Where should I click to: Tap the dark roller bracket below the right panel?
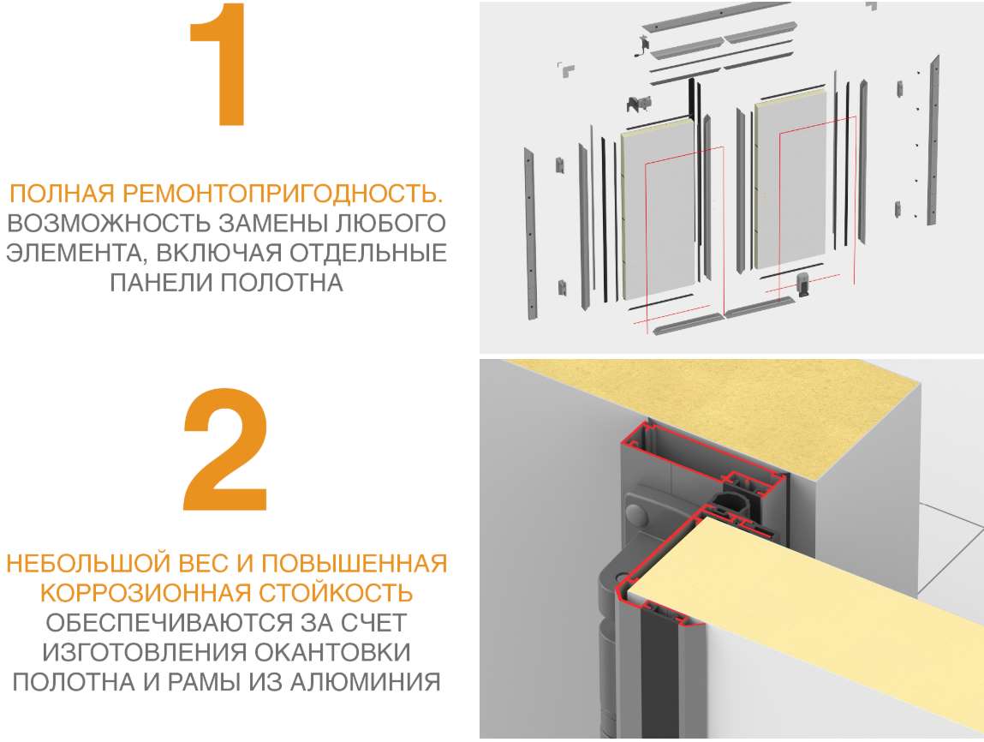(804, 286)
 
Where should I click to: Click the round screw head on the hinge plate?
(637, 515)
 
